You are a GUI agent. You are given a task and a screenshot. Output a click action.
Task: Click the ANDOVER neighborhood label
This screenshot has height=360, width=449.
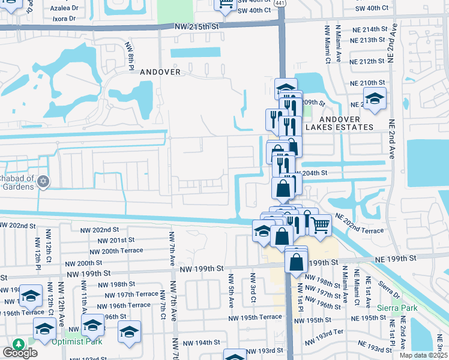tap(160, 72)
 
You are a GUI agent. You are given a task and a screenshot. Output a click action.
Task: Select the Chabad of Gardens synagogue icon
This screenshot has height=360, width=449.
tap(43, 181)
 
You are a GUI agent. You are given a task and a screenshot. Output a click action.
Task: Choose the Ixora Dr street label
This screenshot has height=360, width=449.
tap(64, 19)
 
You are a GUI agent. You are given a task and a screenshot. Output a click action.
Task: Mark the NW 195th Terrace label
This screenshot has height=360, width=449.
tap(255, 317)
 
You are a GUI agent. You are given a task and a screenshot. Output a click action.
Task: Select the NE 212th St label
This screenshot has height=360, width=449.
tap(367, 61)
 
